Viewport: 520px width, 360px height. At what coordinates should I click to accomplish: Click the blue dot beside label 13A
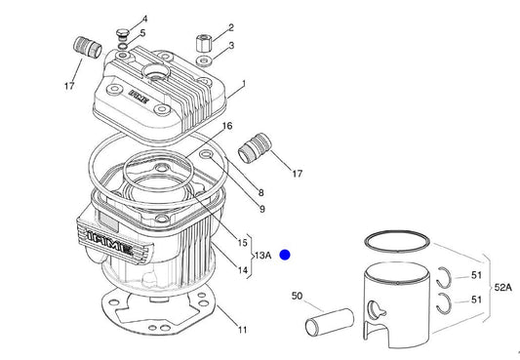[x=285, y=255]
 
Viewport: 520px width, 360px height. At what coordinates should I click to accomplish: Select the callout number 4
[x=145, y=20]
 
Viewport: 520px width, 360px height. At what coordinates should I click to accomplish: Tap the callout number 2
[x=231, y=27]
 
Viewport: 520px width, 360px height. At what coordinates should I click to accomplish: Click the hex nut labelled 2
[x=202, y=43]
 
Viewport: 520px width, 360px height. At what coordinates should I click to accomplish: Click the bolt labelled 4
[x=122, y=34]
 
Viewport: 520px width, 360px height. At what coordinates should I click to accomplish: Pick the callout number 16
[x=227, y=126]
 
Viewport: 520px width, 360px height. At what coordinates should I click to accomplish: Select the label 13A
[x=263, y=256]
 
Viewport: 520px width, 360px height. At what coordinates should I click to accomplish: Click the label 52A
[x=502, y=288]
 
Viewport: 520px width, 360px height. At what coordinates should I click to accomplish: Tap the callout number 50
[x=297, y=296]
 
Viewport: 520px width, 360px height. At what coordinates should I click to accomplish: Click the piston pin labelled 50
[x=330, y=322]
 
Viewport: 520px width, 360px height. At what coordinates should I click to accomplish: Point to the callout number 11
[x=243, y=330]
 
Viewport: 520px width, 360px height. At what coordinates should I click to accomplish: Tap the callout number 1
[x=244, y=84]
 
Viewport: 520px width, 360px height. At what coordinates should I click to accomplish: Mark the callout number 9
[x=262, y=209]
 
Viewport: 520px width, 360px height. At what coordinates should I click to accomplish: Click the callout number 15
[x=242, y=243]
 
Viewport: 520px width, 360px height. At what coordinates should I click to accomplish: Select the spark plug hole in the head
[x=156, y=71]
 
